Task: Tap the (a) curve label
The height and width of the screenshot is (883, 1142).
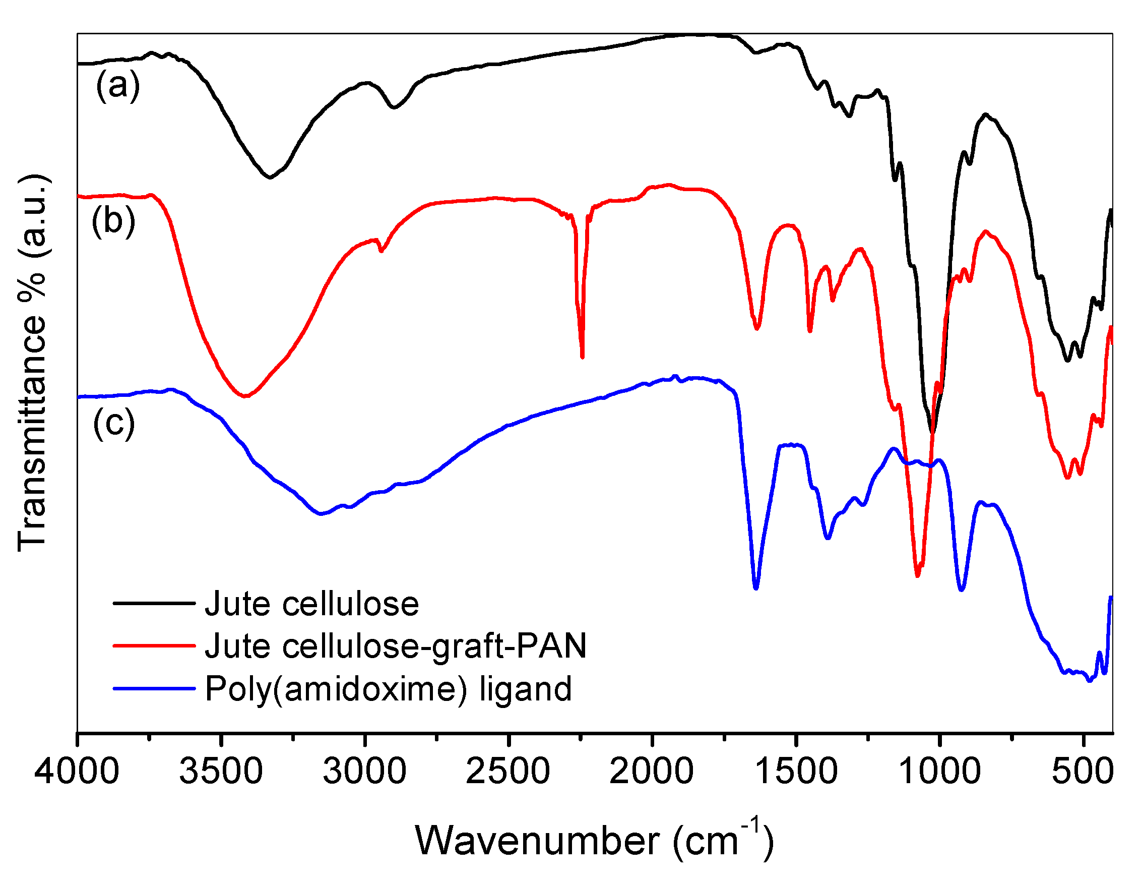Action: (x=117, y=85)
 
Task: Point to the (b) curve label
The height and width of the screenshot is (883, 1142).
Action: (x=113, y=221)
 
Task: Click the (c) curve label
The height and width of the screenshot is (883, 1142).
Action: (x=114, y=423)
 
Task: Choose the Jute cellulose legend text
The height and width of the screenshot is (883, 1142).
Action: (x=311, y=604)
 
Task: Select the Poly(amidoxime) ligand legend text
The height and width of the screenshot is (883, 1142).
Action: (x=388, y=689)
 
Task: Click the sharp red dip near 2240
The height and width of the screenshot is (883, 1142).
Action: (x=582, y=356)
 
